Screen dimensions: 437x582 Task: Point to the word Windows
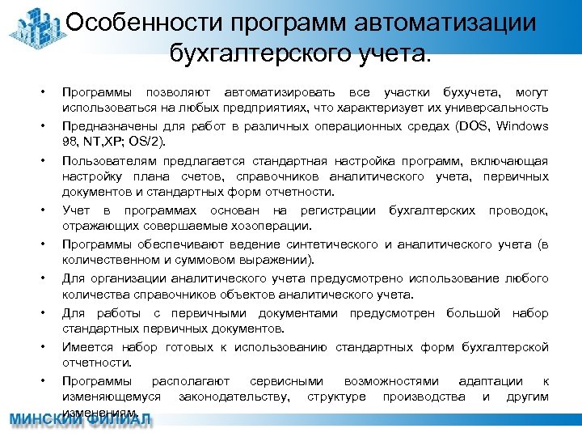tap(522, 126)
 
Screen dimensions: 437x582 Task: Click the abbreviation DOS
tap(471, 126)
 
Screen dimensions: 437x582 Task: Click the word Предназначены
tap(103, 126)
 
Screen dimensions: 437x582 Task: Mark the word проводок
tap(518, 211)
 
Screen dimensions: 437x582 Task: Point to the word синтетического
tap(331, 244)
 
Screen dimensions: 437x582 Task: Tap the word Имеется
tap(85, 347)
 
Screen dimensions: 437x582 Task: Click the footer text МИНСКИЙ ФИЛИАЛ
tap(80, 422)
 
